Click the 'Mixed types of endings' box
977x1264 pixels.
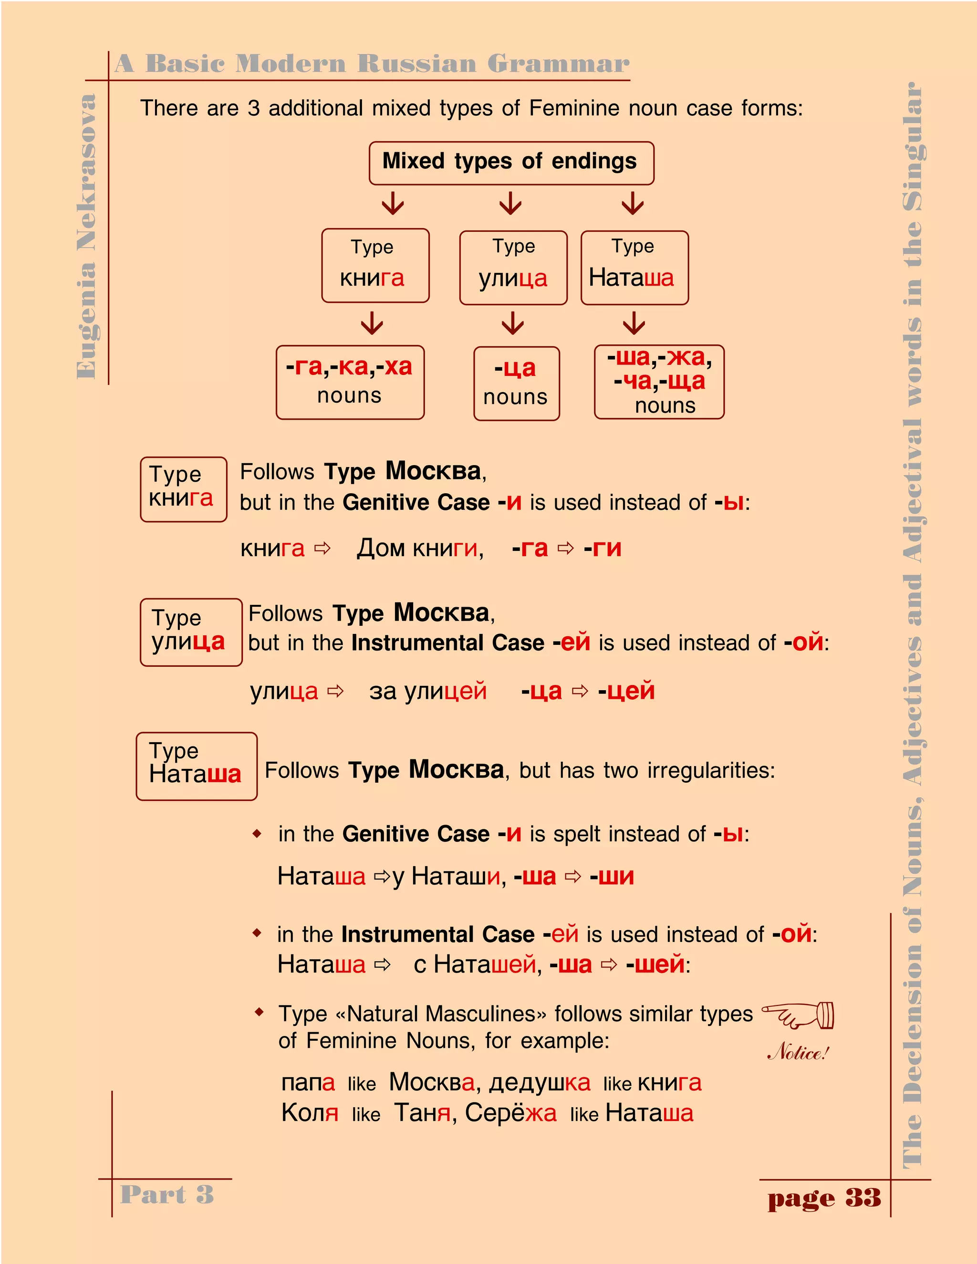click(511, 163)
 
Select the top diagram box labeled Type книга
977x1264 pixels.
click(375, 265)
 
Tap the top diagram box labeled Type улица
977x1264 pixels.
click(513, 268)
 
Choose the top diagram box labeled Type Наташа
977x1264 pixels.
click(634, 268)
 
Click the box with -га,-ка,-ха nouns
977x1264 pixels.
click(350, 382)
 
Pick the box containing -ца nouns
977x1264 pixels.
click(516, 383)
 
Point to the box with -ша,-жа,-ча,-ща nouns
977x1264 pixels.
click(659, 382)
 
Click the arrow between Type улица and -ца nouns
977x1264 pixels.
click(513, 324)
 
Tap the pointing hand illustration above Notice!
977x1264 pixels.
click(799, 1015)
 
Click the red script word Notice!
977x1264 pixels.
click(798, 1052)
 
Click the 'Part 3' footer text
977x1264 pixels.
click(166, 1194)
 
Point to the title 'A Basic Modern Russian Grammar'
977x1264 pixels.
click(372, 63)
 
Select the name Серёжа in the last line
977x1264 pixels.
click(510, 1113)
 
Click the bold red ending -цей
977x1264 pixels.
click(626, 691)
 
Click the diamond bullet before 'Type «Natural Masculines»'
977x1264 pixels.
click(260, 1012)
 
